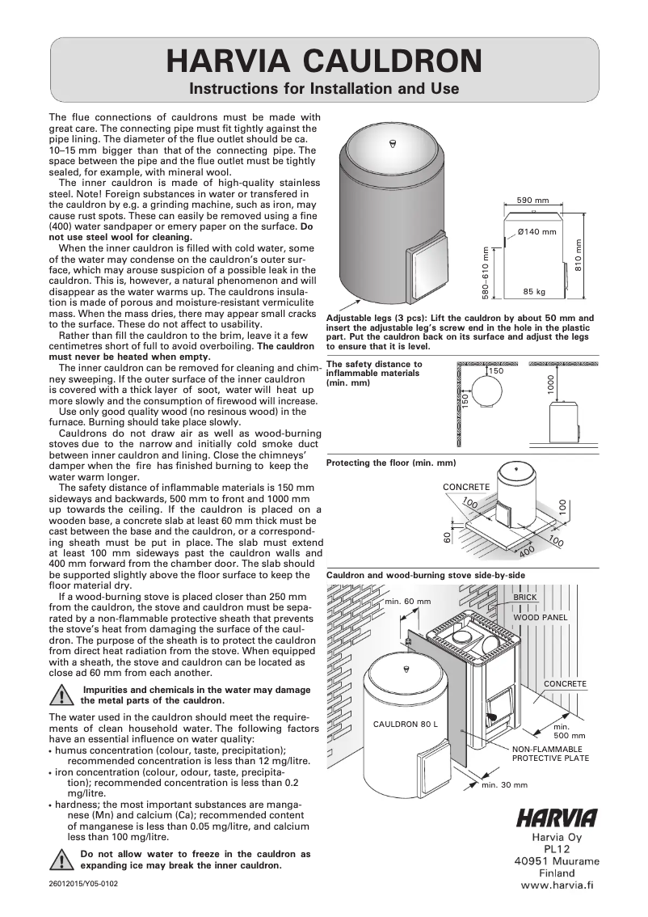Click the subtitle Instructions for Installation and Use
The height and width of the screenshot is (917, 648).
(x=323, y=87)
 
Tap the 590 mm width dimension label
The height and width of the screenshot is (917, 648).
(x=532, y=200)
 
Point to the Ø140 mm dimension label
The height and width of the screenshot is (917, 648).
(x=537, y=232)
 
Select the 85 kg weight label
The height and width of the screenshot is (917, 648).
(x=534, y=291)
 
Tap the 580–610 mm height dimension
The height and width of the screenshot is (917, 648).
(x=486, y=272)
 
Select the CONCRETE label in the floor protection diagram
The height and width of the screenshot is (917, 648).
(x=466, y=486)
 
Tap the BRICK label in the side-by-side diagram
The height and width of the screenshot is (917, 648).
(x=525, y=597)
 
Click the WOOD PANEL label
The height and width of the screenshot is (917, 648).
(x=541, y=616)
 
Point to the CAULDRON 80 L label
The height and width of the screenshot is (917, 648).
(x=405, y=722)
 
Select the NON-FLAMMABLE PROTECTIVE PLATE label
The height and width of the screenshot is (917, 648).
(x=550, y=754)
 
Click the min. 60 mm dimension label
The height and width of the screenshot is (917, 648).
(x=408, y=602)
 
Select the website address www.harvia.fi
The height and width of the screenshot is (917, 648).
(x=558, y=885)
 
